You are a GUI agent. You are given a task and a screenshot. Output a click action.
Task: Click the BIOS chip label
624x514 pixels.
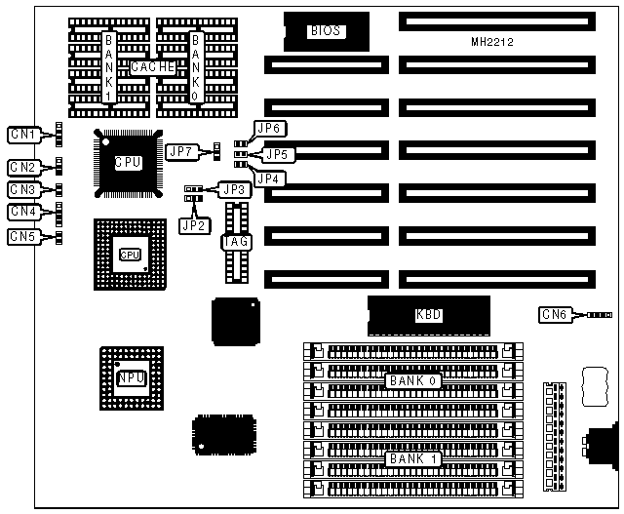[325, 31]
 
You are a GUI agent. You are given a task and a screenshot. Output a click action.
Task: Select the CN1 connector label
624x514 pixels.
[23, 134]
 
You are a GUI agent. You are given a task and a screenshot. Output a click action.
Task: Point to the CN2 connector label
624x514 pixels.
[23, 167]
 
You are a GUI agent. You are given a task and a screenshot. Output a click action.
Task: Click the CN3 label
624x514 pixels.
[23, 189]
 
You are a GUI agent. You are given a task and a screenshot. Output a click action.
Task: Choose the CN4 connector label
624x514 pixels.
[23, 212]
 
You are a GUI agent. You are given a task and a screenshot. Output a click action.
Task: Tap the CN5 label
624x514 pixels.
[23, 236]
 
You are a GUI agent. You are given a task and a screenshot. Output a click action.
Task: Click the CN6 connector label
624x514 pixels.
[555, 314]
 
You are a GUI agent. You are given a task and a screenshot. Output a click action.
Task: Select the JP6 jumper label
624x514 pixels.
[269, 128]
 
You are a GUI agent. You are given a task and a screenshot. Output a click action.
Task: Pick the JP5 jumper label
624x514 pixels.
[279, 154]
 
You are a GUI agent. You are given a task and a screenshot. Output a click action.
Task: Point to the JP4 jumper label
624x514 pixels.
[269, 178]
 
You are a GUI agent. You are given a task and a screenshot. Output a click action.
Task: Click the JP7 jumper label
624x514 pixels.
[181, 150]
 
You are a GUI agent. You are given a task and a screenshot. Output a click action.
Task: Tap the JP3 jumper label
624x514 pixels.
[232, 189]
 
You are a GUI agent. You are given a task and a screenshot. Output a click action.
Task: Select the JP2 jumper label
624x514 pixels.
[193, 224]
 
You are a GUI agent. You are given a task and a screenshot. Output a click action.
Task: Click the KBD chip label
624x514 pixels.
[429, 315]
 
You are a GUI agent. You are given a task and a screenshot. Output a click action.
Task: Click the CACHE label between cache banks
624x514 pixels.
[152, 67]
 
